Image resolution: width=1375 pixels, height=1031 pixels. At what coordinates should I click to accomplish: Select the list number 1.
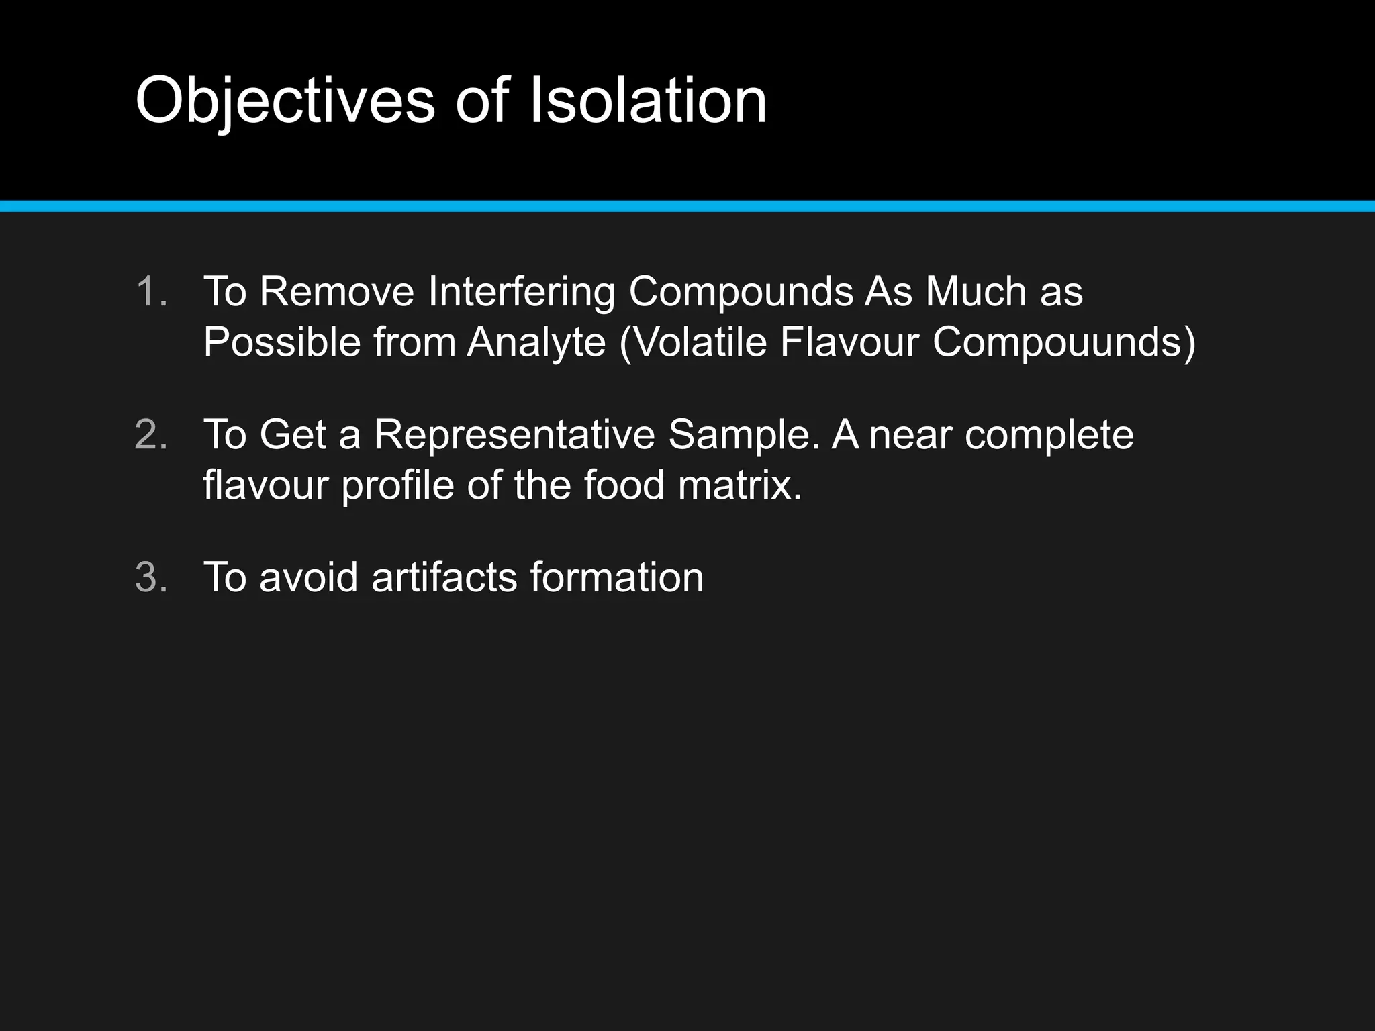pos(150,292)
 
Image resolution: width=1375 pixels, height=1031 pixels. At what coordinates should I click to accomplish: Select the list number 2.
pos(150,435)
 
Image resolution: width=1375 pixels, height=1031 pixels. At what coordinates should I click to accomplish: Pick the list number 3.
pos(150,577)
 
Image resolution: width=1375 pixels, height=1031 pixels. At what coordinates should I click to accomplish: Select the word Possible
pos(282,342)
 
